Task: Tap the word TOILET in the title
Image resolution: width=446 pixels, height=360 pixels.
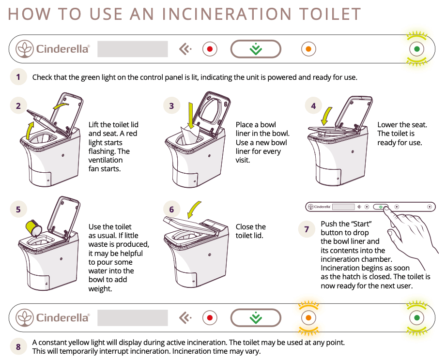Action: click(x=329, y=14)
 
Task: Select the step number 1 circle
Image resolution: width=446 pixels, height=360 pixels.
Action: click(x=18, y=77)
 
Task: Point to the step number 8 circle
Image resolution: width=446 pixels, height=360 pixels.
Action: click(x=18, y=346)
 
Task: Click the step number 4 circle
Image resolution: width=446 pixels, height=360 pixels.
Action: click(x=314, y=106)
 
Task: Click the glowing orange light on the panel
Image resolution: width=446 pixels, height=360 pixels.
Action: click(x=308, y=318)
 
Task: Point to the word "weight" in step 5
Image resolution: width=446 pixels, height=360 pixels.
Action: click(x=100, y=289)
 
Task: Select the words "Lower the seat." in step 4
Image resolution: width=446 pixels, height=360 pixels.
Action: click(x=402, y=125)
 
